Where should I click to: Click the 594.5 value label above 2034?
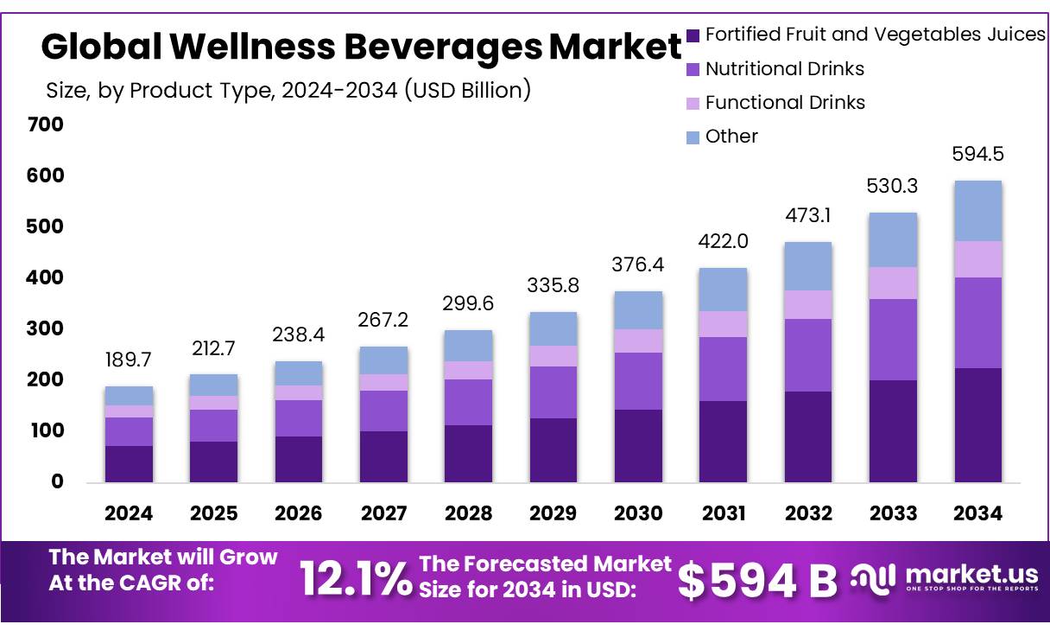[977, 155]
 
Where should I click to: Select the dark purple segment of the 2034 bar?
[977, 424]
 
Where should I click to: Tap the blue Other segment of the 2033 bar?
[893, 240]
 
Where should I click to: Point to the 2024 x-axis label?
[129, 513]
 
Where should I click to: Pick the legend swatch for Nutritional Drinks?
[693, 69]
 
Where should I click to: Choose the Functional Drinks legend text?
[785, 103]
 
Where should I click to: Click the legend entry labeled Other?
[731, 137]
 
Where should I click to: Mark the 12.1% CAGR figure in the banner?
[355, 579]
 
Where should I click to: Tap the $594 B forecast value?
[756, 581]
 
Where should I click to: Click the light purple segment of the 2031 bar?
[723, 324]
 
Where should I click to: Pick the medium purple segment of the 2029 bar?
[553, 392]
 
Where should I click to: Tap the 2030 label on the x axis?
[638, 513]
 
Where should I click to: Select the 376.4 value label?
[638, 264]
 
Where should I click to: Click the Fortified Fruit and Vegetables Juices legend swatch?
[693, 35]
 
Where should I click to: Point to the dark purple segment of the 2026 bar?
[299, 459]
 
